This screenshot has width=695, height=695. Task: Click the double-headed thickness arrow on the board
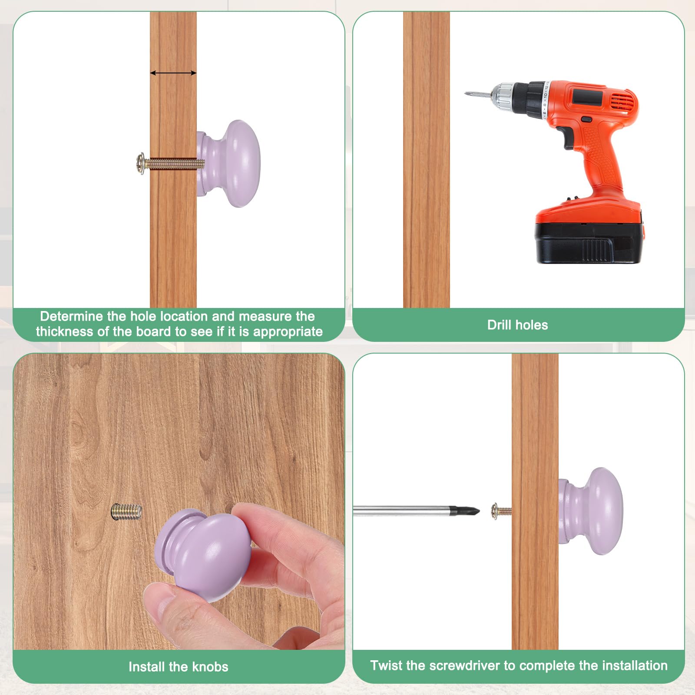click(x=173, y=73)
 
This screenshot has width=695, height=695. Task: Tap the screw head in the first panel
click(x=140, y=164)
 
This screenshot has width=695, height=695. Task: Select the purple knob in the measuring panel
click(x=229, y=164)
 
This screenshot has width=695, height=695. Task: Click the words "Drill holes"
click(x=517, y=325)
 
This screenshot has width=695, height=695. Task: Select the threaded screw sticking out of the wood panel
click(x=126, y=511)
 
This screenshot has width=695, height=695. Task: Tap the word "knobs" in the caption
click(x=210, y=667)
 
